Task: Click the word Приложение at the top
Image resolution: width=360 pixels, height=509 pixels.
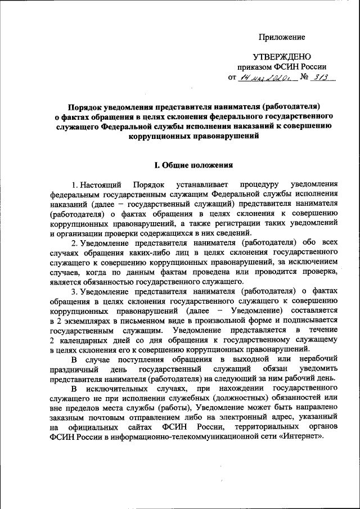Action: click(x=282, y=37)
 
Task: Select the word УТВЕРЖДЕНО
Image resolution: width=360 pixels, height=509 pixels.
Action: click(x=282, y=57)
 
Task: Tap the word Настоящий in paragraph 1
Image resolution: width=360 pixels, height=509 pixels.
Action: click(x=102, y=185)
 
